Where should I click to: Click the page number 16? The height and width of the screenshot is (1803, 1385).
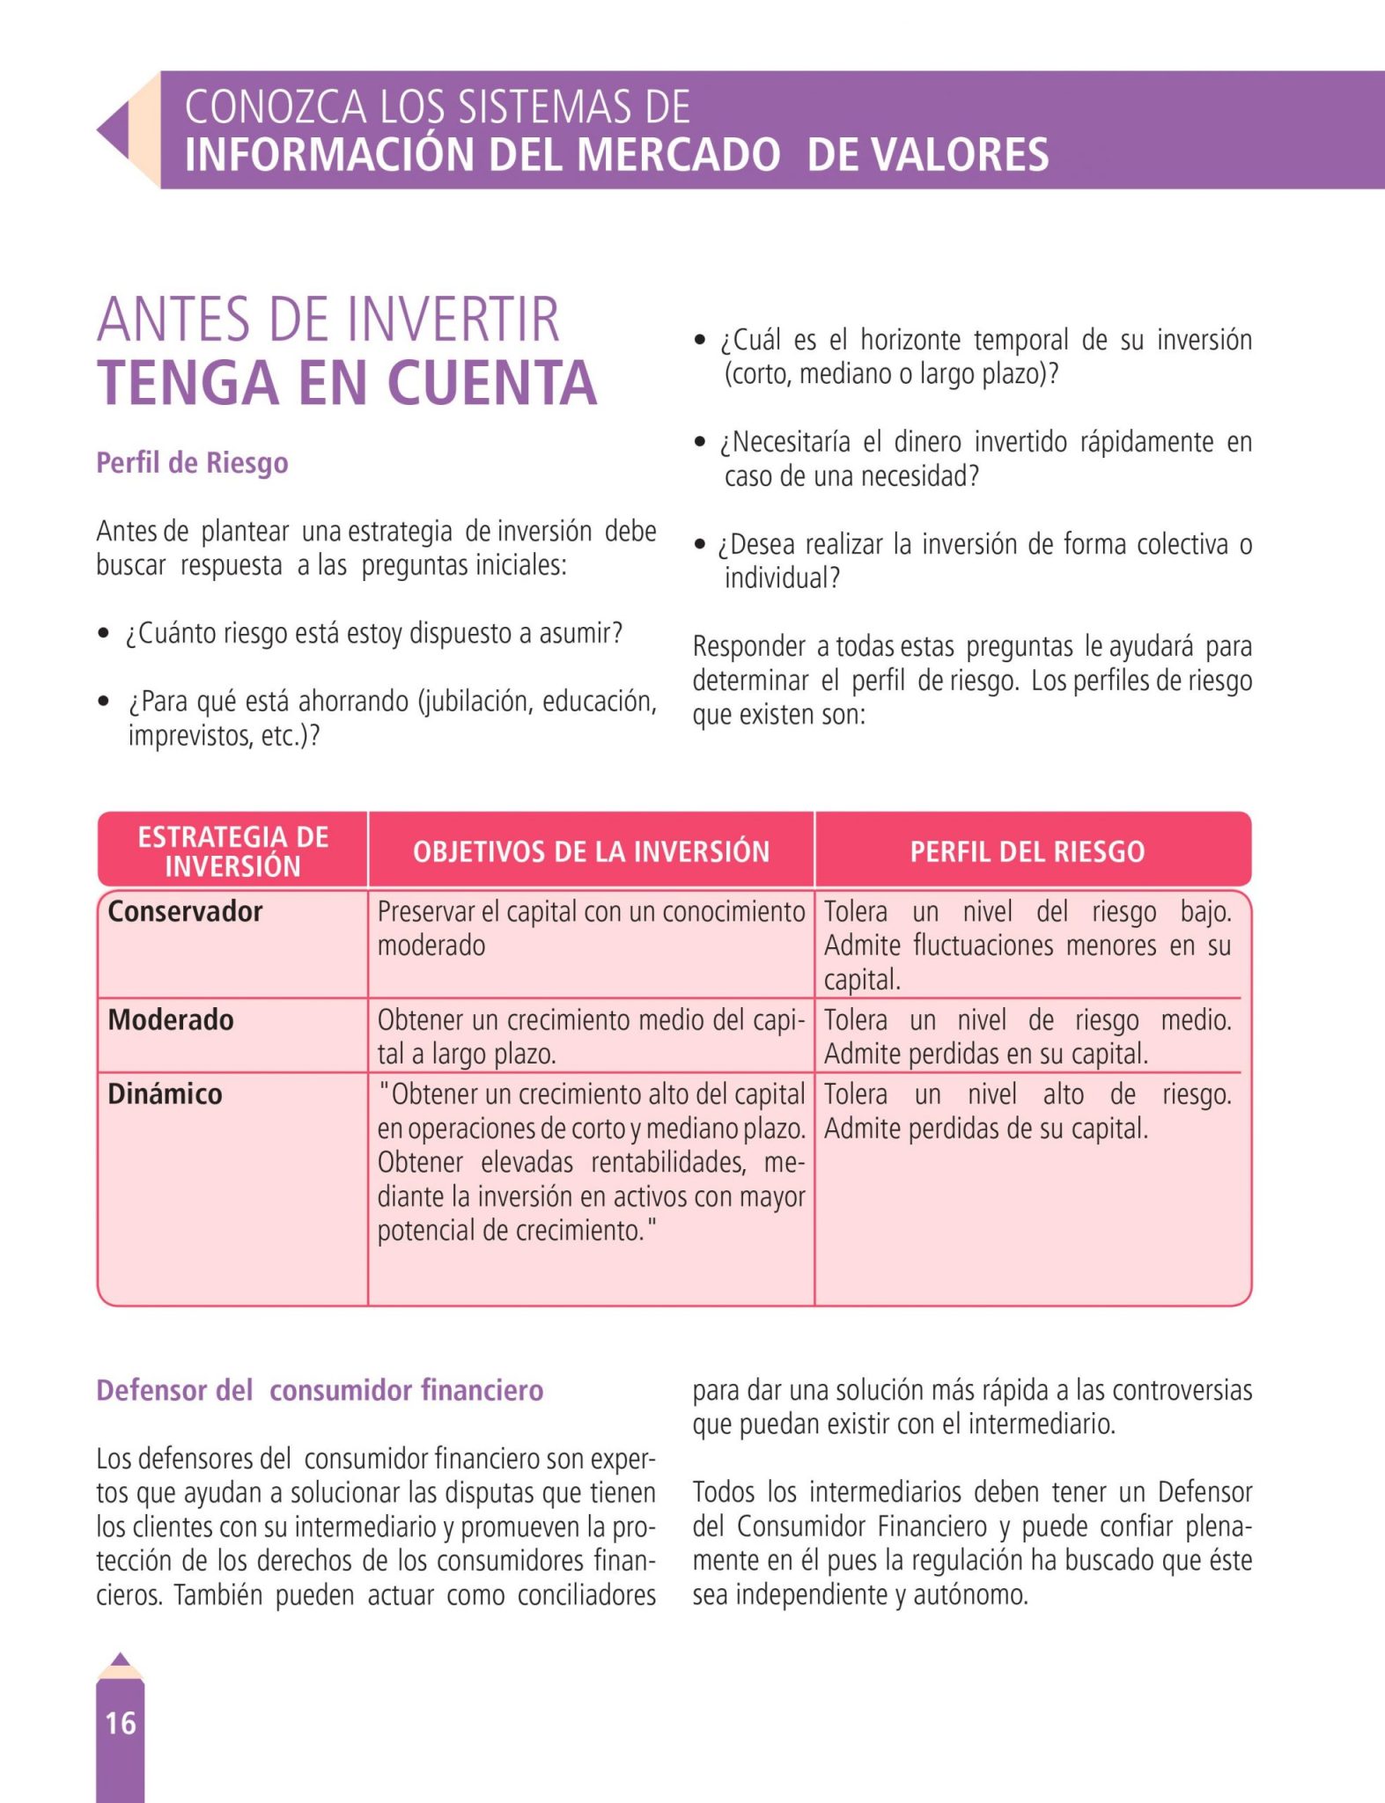click(121, 1722)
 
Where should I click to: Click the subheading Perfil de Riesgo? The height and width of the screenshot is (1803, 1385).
click(192, 462)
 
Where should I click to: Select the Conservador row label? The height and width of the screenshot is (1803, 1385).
click(185, 911)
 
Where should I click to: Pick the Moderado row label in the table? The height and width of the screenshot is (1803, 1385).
click(171, 1019)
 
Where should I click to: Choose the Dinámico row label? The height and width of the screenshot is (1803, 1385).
click(165, 1093)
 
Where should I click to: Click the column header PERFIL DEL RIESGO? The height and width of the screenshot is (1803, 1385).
click(1027, 851)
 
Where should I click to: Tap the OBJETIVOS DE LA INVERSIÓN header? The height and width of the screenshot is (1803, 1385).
click(591, 851)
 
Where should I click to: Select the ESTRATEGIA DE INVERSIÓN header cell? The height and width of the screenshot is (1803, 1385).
click(232, 850)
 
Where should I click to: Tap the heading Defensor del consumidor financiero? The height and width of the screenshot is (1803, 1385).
click(320, 1390)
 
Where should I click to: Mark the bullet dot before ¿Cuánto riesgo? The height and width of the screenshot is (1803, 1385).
click(104, 633)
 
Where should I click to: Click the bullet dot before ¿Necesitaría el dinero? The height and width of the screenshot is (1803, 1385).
click(700, 442)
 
